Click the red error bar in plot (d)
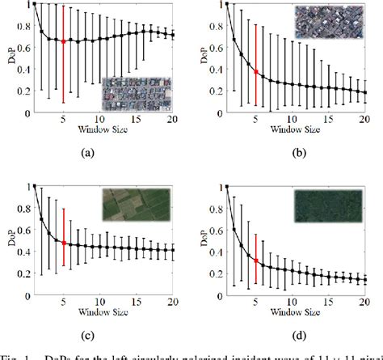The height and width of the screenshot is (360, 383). click(x=256, y=260)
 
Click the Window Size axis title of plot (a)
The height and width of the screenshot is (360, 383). click(x=99, y=129)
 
